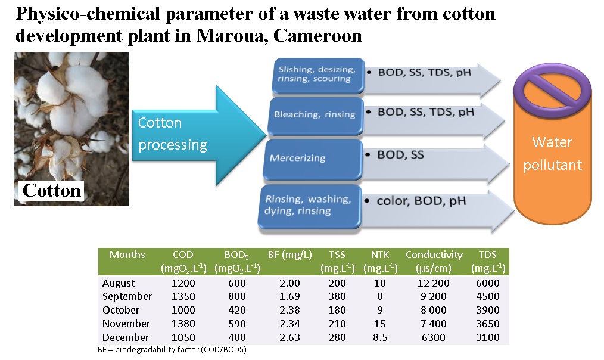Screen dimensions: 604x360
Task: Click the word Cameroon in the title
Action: [x=317, y=36]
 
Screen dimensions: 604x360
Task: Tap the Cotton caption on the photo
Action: [x=52, y=190]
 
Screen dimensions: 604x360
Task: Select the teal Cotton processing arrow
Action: [x=199, y=135]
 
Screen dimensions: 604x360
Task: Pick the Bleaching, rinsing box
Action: [x=316, y=116]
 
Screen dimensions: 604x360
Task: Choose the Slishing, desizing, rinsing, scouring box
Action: [x=318, y=76]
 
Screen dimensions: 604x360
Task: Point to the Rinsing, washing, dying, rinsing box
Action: [x=310, y=207]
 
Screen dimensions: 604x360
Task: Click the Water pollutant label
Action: [x=552, y=153]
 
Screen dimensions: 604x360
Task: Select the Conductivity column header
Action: [x=434, y=261]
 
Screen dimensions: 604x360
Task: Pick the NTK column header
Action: [x=380, y=261]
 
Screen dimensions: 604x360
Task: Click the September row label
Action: [x=127, y=296]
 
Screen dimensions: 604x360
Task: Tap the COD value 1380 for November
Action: [x=183, y=324]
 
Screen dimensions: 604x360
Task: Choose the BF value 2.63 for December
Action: [x=289, y=337]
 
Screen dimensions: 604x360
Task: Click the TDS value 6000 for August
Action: [x=488, y=283]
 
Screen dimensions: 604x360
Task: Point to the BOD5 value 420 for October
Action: [x=237, y=310]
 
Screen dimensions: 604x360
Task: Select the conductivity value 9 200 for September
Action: [x=434, y=296]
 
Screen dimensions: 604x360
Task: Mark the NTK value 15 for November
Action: [x=380, y=324]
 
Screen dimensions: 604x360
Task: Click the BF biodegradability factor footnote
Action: [x=172, y=350]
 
